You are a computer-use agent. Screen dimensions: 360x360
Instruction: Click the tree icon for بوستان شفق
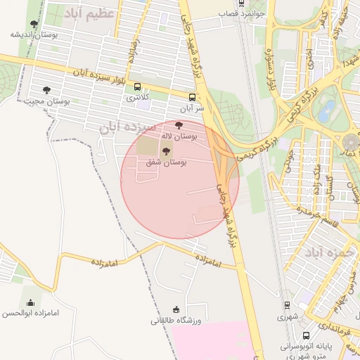167,152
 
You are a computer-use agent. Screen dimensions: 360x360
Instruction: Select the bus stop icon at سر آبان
192,97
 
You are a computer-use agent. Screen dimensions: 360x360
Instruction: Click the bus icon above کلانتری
137,87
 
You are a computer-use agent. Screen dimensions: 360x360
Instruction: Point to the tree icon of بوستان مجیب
47,90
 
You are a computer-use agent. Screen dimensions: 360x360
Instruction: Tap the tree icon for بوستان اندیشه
34,24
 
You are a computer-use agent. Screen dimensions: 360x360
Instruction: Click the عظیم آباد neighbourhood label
89,13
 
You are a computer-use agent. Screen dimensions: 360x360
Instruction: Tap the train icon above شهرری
287,305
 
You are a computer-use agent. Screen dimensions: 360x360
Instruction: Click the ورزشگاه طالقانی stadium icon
176,309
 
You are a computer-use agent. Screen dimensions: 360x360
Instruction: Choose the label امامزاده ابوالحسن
30,313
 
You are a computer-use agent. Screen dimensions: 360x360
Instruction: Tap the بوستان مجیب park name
47,101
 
